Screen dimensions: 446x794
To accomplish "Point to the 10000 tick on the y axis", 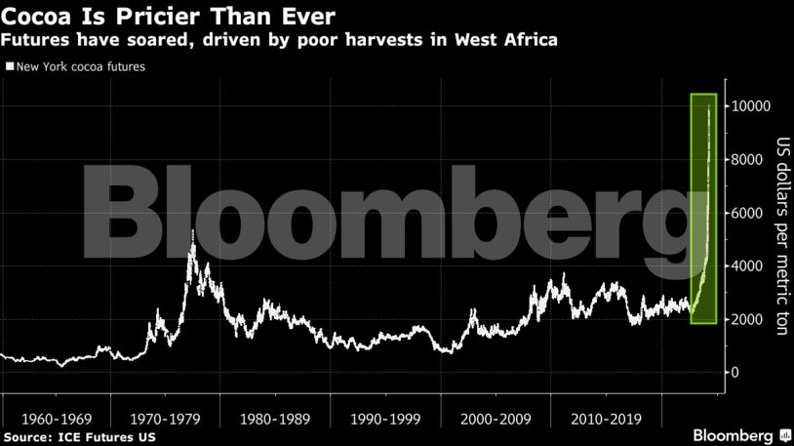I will tap(753, 106).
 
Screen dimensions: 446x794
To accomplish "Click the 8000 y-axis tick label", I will tap(749, 160).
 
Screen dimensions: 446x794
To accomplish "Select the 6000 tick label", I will tap(749, 213).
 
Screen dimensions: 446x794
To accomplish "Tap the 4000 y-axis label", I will tap(749, 266).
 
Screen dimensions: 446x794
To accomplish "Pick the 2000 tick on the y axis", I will tap(749, 320).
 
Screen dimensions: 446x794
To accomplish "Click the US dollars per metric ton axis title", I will tap(781, 234).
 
